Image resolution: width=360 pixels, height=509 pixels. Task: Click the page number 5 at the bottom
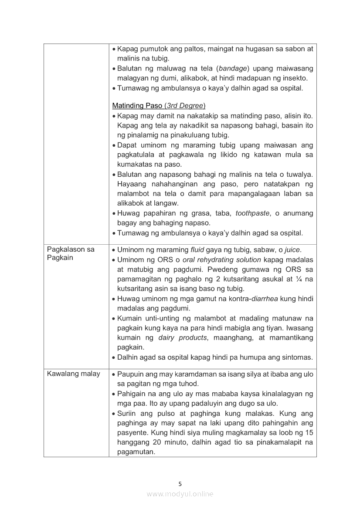coord(180,483)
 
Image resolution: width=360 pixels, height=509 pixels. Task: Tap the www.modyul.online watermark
coord(180,494)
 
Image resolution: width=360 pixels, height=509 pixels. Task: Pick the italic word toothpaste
coord(252,213)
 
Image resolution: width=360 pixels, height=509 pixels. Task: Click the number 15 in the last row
coord(309,432)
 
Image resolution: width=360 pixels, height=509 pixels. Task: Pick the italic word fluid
coord(197,250)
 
